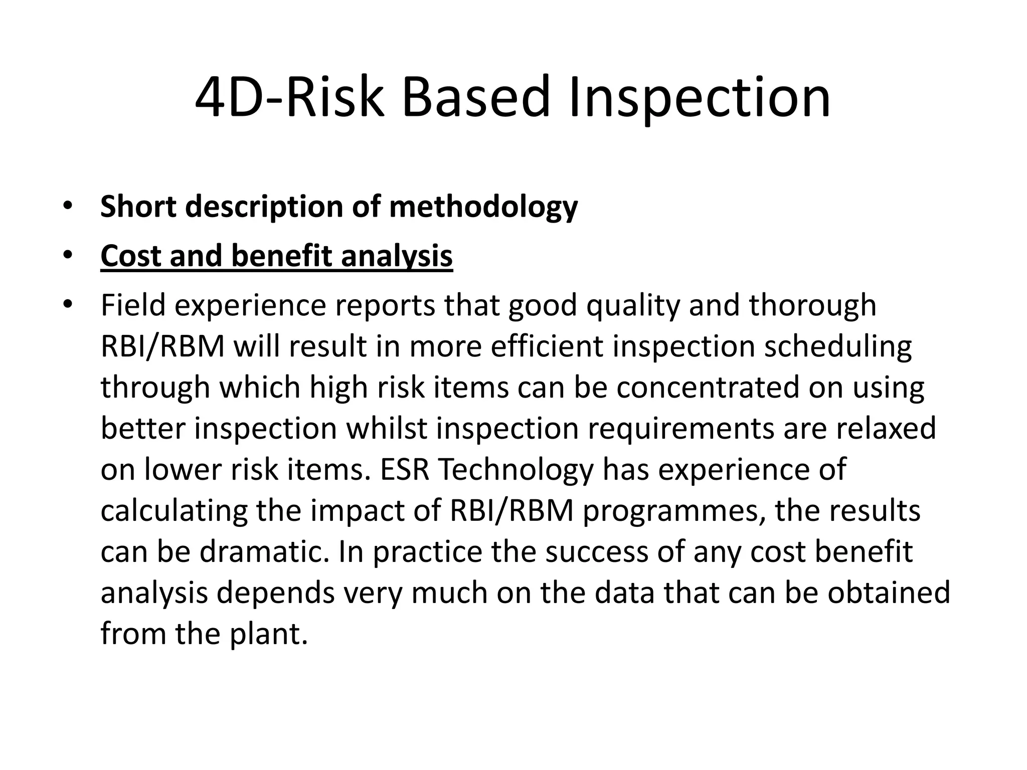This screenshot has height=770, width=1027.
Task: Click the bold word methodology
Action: point(483,207)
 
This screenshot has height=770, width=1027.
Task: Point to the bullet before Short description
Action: point(68,206)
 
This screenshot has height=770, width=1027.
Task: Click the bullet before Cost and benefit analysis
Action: point(68,256)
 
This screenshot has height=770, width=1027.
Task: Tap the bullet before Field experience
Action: point(68,304)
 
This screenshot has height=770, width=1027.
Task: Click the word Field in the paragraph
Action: point(133,305)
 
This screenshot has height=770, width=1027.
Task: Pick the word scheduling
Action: point(837,346)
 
